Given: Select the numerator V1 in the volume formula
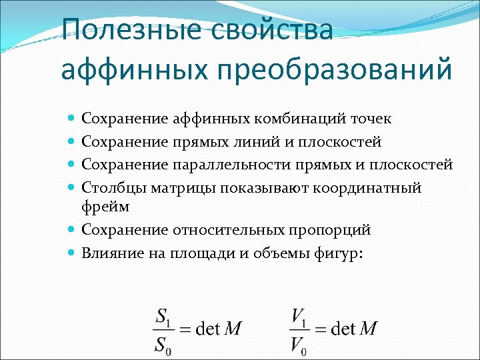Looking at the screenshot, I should (x=299, y=315).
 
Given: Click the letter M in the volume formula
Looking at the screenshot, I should (x=369, y=329).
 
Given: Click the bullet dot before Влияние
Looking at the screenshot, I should (x=71, y=253).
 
